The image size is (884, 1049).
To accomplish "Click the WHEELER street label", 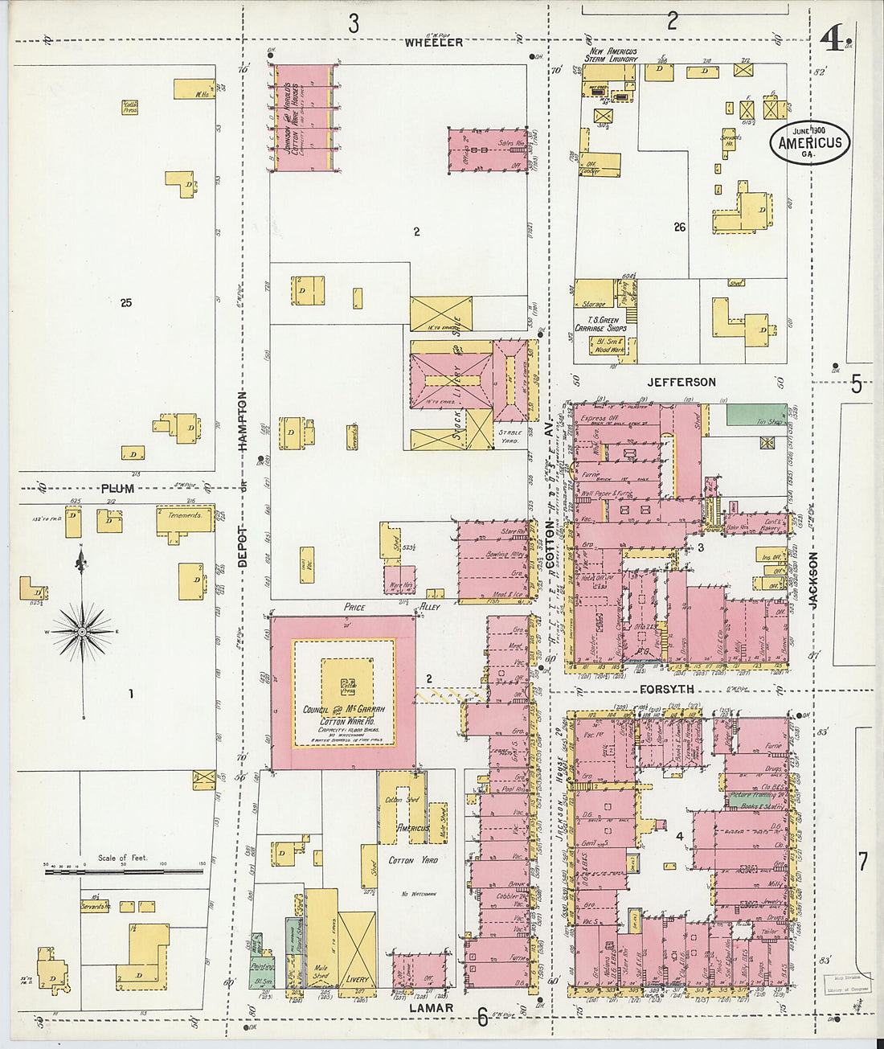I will tap(434, 42).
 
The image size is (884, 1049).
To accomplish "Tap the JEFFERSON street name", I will tap(681, 382).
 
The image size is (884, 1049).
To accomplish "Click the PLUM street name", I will tap(117, 489).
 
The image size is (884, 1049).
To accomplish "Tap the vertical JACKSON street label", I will tap(813, 579).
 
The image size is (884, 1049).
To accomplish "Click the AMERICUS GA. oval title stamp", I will tap(810, 142).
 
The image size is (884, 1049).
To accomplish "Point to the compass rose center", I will tap(82, 632).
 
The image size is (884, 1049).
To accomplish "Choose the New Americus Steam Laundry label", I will tap(612, 55).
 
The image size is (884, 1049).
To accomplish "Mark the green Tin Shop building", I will tap(756, 415).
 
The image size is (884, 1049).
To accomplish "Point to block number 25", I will tap(125, 303).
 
